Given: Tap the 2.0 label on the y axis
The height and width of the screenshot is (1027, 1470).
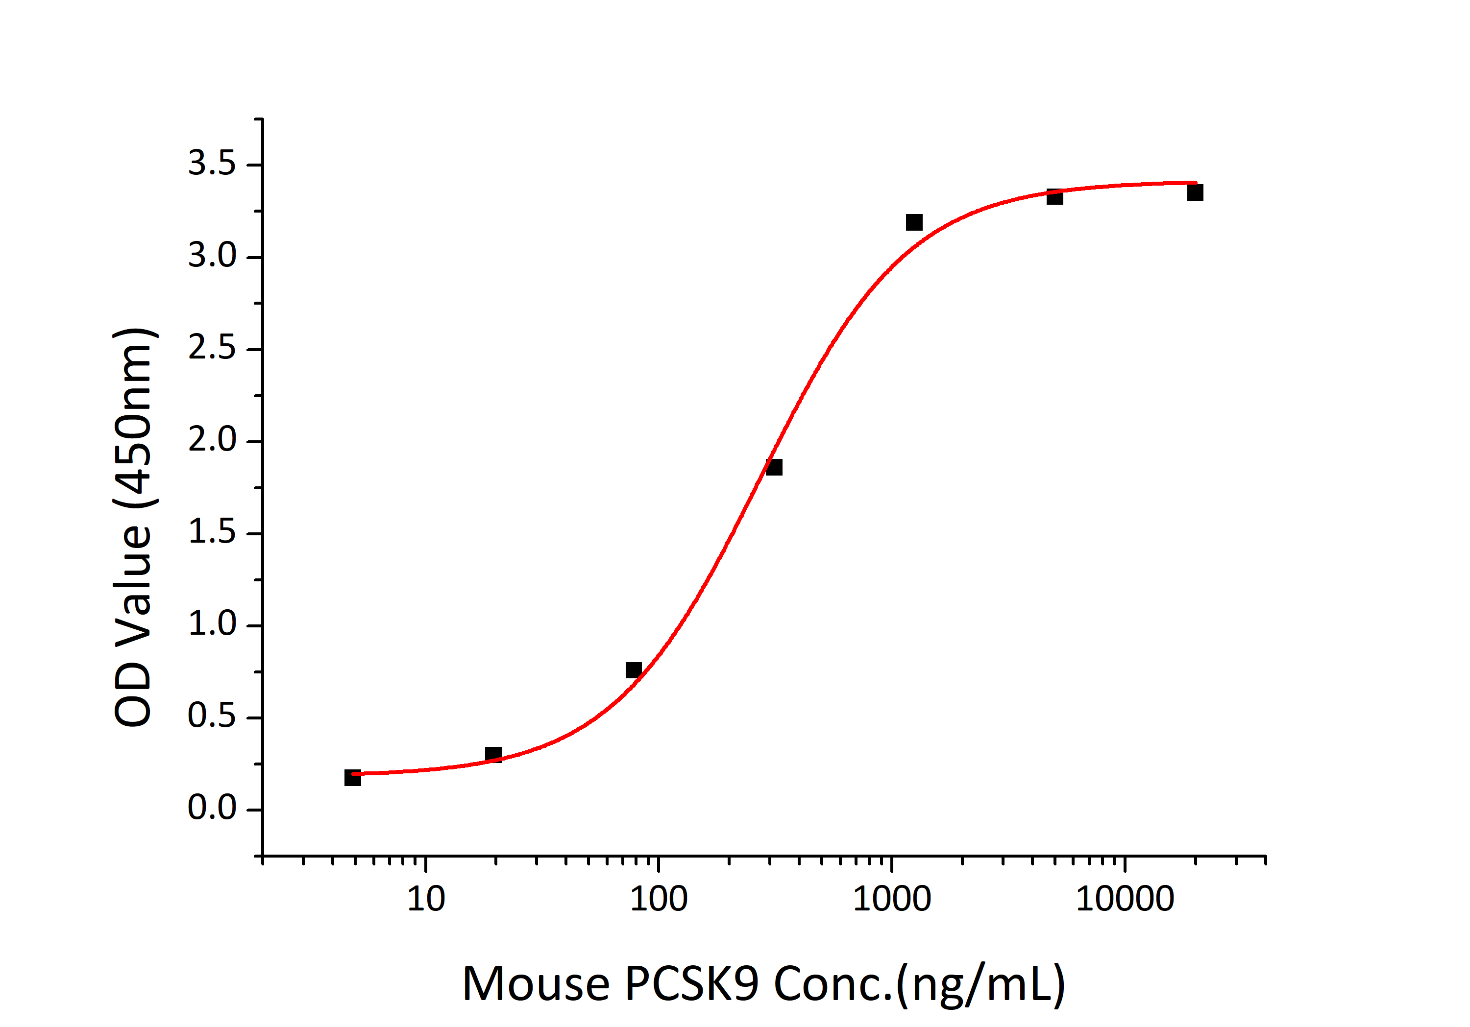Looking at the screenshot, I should coord(211,440).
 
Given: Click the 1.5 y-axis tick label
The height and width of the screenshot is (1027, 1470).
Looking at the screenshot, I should coord(211,532).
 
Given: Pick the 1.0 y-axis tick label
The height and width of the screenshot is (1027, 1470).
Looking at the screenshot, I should coord(211,624).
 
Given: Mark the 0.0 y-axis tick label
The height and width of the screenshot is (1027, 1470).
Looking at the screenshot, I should coord(211,809).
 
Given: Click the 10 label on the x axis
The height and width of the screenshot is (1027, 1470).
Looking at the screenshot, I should coord(426,900).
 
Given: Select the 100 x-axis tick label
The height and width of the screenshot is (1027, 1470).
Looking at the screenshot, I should coord(659,900).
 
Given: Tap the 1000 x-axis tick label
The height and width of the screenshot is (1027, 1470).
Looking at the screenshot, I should coord(891,900).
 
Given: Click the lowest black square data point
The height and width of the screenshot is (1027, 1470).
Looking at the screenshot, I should coord(352,777).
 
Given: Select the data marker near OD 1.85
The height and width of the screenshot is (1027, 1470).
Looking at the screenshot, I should coord(773,467).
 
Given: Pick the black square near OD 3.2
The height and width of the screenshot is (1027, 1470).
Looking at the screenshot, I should coord(914,222).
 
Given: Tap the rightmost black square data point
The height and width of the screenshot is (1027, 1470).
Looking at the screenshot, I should coord(1195,192).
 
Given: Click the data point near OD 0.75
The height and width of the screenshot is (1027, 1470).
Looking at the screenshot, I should coord(633,670).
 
